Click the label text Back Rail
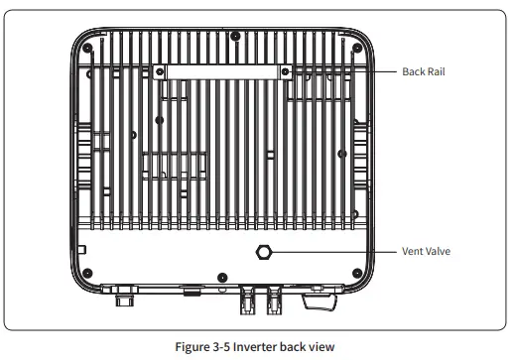[x=423, y=71]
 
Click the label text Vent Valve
[x=425, y=252]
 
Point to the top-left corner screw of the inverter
[x=89, y=48]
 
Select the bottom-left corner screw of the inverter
[x=89, y=273]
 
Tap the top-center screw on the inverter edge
[x=234, y=37]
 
